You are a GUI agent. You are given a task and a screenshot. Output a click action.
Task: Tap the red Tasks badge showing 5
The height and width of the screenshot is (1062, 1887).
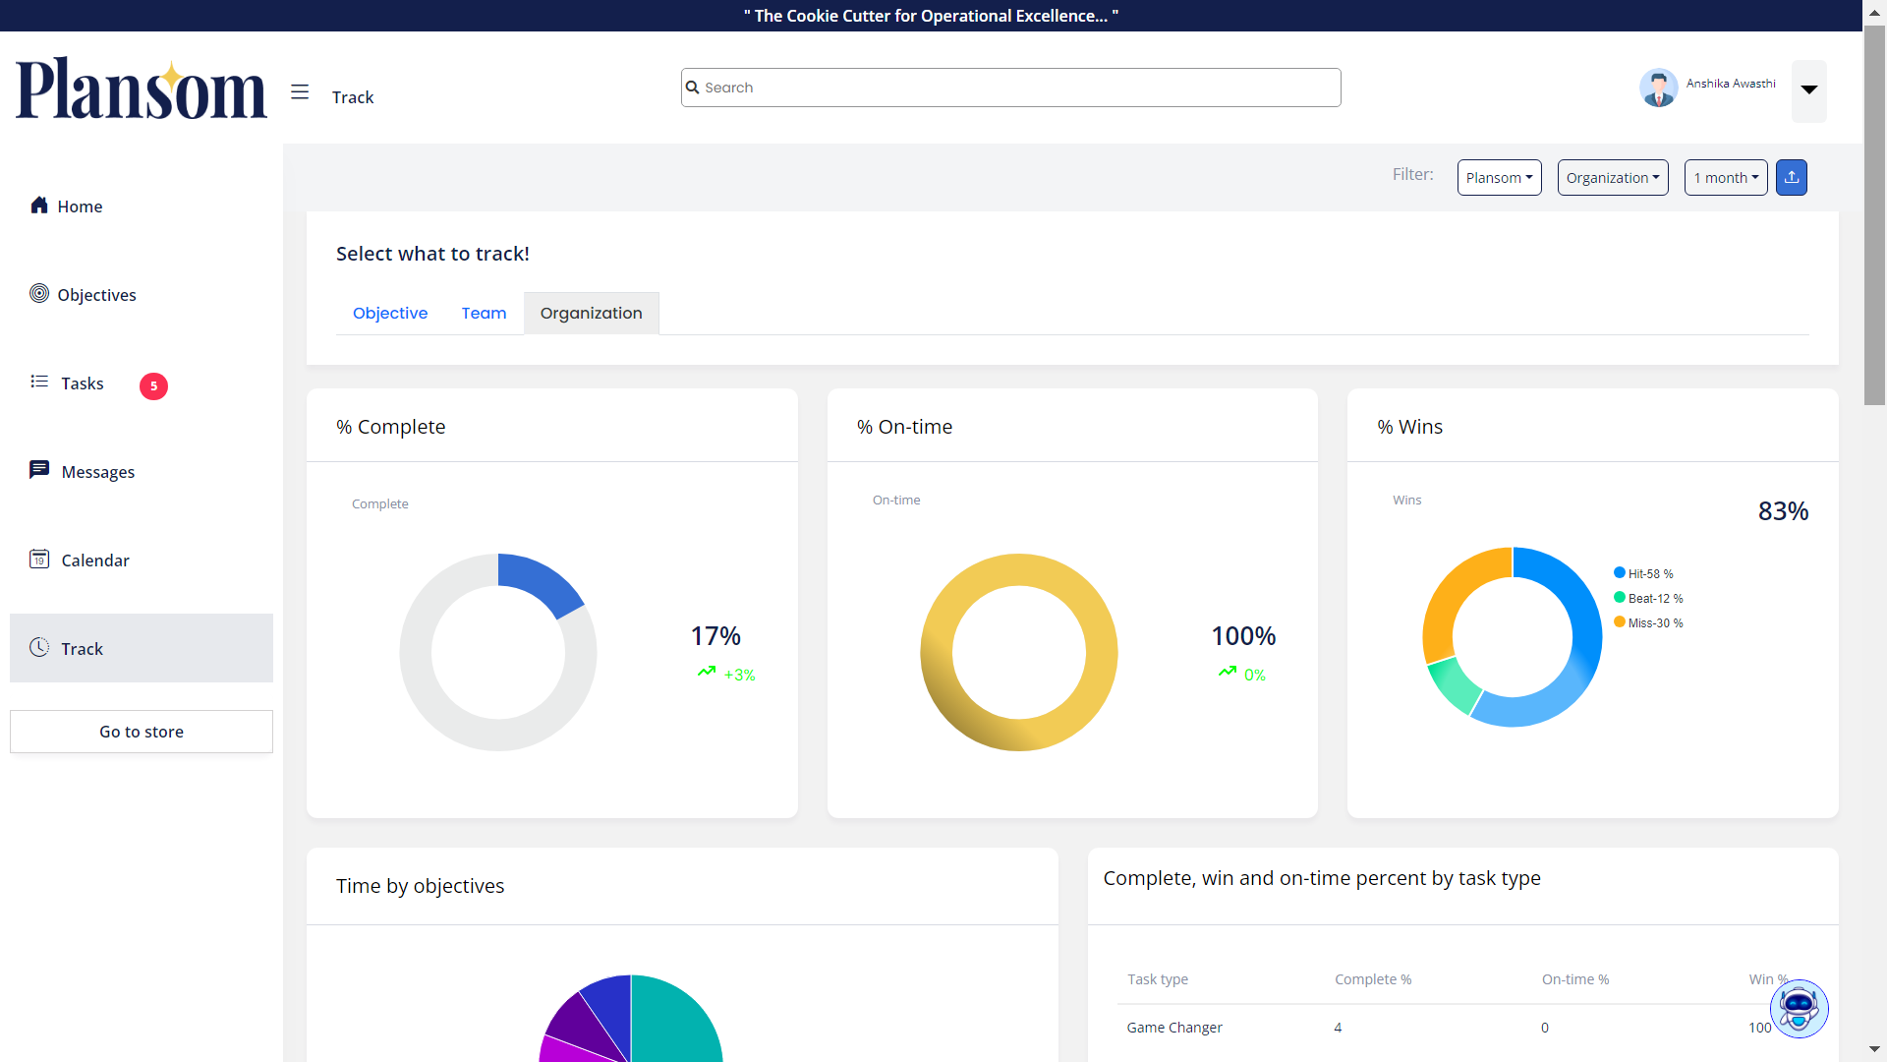(153, 386)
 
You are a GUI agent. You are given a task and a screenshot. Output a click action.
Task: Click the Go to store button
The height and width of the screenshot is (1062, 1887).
(142, 732)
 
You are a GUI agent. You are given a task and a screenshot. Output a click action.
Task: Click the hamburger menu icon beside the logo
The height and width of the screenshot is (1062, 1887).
(300, 92)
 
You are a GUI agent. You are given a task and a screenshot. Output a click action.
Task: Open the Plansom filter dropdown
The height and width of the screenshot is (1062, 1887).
(1499, 178)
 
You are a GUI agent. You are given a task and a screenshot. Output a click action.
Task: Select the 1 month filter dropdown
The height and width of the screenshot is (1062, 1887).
(1725, 178)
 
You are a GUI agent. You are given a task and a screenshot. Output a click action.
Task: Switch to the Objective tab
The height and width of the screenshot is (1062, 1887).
(390, 314)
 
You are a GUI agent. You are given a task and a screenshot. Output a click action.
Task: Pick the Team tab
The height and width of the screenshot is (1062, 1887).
(484, 314)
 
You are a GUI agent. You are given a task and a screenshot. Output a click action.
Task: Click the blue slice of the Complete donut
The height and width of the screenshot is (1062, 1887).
(543, 580)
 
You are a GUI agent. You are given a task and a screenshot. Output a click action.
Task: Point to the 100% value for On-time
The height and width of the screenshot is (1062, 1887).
(1243, 636)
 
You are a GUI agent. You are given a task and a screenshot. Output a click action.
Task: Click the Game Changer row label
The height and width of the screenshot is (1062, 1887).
(1174, 1028)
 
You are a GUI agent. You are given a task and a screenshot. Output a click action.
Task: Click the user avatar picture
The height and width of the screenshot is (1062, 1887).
(1658, 88)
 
